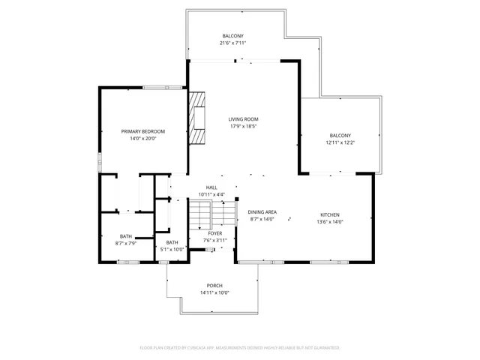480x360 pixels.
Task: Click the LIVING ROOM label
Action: (x=244, y=119)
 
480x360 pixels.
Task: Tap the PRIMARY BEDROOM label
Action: (x=143, y=131)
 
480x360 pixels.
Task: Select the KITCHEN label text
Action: (x=331, y=212)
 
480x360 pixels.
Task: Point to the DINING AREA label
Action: (x=262, y=212)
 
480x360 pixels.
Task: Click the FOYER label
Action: (x=215, y=233)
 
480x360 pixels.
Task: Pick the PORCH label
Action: (x=214, y=286)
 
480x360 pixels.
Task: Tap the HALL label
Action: (x=211, y=187)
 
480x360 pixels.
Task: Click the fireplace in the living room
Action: (x=197, y=118)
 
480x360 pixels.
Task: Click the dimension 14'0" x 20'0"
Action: (x=143, y=139)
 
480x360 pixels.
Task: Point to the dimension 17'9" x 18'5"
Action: (x=244, y=127)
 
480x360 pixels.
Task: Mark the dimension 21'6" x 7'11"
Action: (x=233, y=43)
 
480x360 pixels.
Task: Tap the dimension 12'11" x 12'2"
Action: (x=340, y=142)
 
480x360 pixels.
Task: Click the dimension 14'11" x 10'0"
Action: (x=214, y=293)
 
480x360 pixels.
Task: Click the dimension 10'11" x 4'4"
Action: (x=211, y=195)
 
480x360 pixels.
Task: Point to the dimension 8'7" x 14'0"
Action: (x=262, y=220)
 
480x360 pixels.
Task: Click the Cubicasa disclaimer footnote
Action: (x=240, y=348)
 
